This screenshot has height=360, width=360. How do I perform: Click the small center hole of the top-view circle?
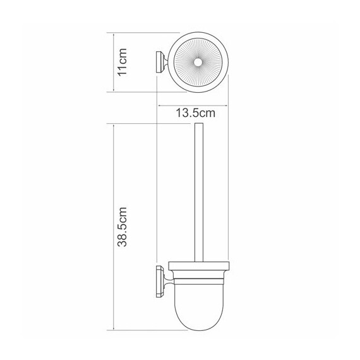[x=198, y=62]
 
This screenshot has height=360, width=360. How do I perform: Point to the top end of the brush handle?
[x=199, y=125]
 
